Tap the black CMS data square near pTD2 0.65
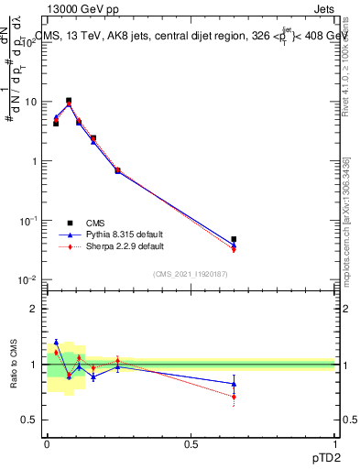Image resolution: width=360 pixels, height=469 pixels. point(234,239)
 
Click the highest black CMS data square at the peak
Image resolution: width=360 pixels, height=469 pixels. point(69,101)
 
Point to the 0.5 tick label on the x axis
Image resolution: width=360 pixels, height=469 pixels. point(191,443)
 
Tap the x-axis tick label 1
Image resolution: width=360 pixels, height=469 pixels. point(334,443)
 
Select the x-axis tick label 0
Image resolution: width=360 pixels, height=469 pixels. point(47,443)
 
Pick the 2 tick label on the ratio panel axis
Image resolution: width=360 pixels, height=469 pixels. point(35,309)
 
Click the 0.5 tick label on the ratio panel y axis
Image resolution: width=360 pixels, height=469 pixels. point(31,420)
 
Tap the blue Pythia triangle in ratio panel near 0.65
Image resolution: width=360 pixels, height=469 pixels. point(234,384)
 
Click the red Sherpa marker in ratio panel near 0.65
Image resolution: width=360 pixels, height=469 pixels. point(234,397)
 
